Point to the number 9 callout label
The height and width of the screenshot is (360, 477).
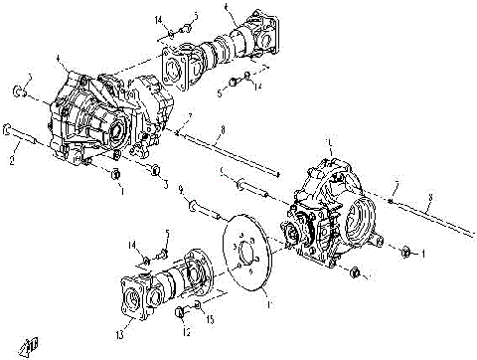(180, 189)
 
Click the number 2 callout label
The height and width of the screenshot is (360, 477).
(13, 159)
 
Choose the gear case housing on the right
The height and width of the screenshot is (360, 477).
(328, 214)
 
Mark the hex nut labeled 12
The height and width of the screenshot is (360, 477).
(181, 313)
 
